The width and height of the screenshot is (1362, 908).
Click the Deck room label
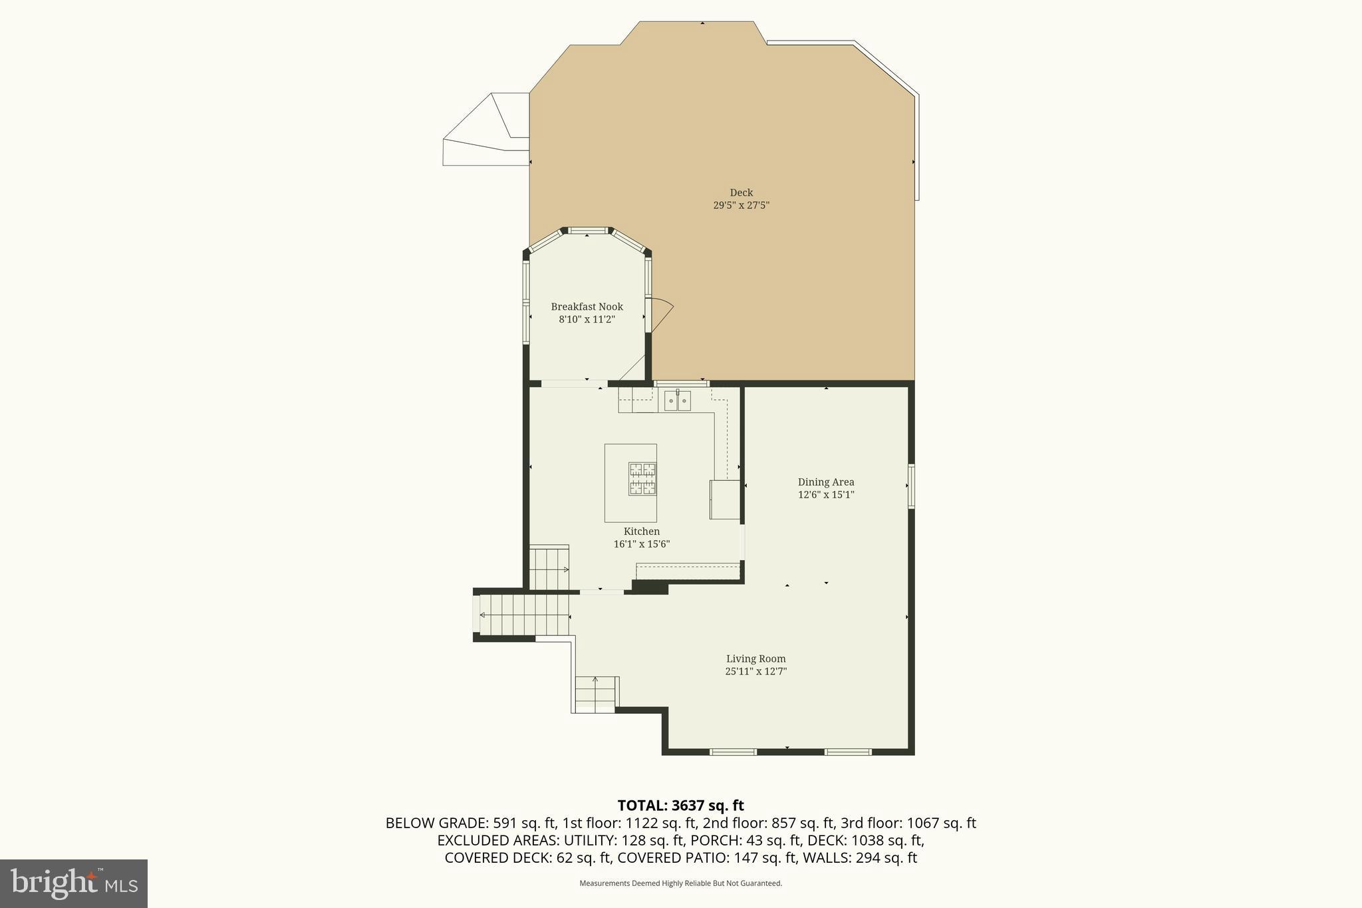coord(741,193)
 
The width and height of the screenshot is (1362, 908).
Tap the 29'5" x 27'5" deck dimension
coord(741,206)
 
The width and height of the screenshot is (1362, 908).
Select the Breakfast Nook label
coord(587,307)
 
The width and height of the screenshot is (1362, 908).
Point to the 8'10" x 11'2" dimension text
coord(587,319)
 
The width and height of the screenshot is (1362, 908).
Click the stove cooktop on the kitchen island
coord(642,479)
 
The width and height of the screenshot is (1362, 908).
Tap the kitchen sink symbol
coord(677,401)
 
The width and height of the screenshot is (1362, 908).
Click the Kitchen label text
coord(641,531)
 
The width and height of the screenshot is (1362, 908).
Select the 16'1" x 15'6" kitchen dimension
coord(641,544)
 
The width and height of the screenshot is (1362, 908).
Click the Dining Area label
coord(826,482)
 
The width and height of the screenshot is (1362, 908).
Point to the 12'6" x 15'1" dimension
coord(826,495)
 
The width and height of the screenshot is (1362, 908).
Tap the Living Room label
coord(755,659)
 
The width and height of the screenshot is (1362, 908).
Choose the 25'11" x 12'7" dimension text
coord(755,671)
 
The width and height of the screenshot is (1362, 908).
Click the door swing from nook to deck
coord(660,315)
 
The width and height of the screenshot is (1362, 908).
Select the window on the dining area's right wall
coord(911,486)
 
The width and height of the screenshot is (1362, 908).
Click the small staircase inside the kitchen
coord(549,568)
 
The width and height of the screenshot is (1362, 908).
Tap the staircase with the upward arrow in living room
coord(596,694)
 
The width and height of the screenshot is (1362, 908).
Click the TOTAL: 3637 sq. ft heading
coord(680,806)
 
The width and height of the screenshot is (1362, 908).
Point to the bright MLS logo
coord(74,883)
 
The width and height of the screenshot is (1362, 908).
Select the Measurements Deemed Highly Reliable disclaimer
coord(680,883)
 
